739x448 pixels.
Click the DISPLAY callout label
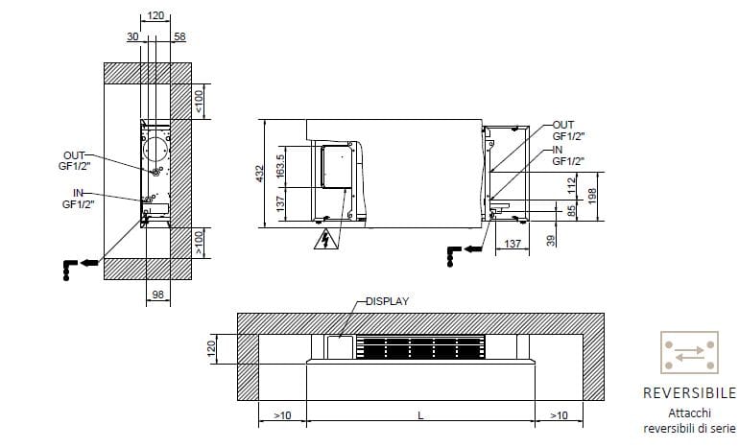click(x=388, y=300)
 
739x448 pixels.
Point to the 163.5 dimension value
click(x=280, y=165)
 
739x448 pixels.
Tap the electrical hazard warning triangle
click(x=327, y=239)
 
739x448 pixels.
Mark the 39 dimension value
click(x=551, y=240)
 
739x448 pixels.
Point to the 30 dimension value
click(x=131, y=35)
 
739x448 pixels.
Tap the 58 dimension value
click(x=179, y=35)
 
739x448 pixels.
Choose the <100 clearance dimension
click(x=200, y=104)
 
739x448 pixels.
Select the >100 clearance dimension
click(x=200, y=242)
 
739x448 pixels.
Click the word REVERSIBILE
click(x=689, y=393)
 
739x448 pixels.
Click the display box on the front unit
click(x=341, y=347)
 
